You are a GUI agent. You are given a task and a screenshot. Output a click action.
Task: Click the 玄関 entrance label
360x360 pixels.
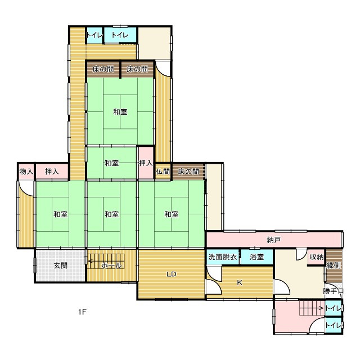tap(60, 265)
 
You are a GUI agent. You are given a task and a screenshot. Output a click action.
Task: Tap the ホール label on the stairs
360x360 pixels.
tap(111, 265)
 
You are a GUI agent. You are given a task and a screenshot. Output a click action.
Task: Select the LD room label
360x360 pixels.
tap(171, 274)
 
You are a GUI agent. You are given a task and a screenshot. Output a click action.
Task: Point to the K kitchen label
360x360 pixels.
tap(240, 282)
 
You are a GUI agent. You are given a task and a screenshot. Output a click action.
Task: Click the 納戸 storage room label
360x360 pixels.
tap(274, 240)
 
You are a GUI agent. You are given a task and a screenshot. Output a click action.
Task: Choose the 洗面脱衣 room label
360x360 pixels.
tap(223, 257)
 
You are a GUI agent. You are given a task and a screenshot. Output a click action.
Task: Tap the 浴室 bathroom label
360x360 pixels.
tap(256, 257)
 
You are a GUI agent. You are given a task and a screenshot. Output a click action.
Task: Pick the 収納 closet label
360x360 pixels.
tap(317, 257)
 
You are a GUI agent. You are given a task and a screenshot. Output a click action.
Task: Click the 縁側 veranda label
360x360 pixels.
tap(334, 265)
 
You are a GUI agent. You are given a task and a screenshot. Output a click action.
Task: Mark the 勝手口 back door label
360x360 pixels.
tap(333, 291)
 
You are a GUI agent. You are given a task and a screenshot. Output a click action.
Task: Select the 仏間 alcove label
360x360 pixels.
tap(163, 172)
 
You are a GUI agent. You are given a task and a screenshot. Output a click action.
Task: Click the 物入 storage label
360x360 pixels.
tap(26, 172)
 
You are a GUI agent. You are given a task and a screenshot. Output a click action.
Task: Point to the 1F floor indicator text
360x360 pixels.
tap(82, 312)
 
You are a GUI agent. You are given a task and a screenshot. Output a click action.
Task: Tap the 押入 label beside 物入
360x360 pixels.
tap(52, 172)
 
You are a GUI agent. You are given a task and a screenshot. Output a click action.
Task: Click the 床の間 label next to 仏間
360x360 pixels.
tap(188, 172)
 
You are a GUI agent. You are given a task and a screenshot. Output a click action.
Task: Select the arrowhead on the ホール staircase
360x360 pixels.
tap(90, 261)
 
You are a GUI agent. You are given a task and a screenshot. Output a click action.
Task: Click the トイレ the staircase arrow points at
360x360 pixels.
tap(334, 308)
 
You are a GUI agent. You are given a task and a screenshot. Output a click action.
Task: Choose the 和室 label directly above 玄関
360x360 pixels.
tap(60, 214)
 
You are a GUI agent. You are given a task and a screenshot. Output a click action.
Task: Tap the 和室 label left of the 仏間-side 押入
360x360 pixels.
tap(111, 163)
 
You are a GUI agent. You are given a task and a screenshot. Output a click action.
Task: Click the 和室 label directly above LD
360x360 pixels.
tap(171, 214)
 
